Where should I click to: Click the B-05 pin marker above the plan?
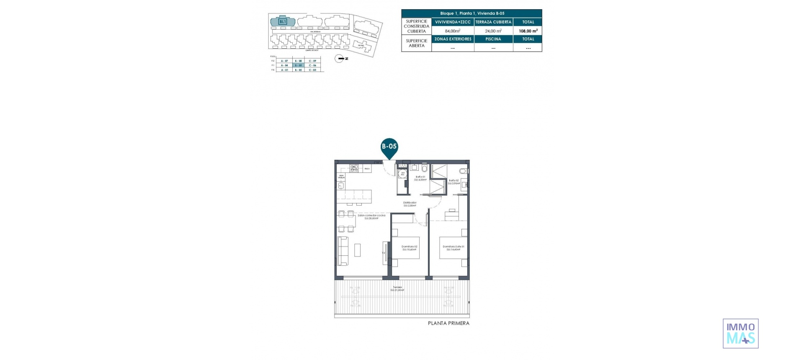point(389,147)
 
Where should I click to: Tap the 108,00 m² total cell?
point(528,31)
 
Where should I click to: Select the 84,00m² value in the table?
point(453,31)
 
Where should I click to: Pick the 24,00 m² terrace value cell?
point(493,31)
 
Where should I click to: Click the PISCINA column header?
point(493,39)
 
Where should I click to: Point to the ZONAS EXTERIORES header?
point(453,39)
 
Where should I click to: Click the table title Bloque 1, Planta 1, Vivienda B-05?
point(472,13)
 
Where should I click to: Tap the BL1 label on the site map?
point(283,21)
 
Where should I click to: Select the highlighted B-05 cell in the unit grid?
point(298,65)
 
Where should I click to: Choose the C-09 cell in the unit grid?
point(312,61)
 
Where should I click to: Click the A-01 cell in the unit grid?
point(284,70)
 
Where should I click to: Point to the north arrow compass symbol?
point(340,59)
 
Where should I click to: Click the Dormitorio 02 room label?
point(409,248)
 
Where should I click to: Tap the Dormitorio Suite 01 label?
point(453,248)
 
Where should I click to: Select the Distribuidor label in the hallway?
point(410,204)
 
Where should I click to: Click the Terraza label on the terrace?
point(397,288)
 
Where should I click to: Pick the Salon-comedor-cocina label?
point(371,216)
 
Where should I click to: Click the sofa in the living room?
point(343,251)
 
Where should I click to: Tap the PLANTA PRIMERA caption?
point(448,323)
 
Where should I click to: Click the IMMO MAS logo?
point(740,334)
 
